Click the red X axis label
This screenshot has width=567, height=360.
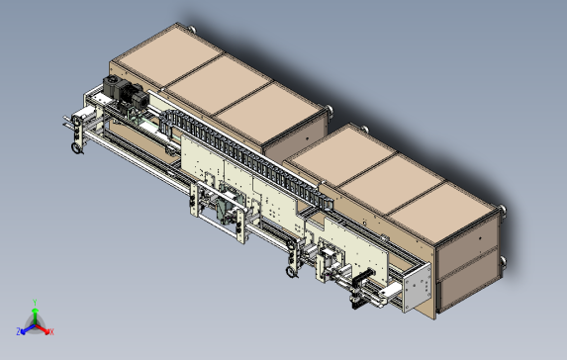coord(51,331)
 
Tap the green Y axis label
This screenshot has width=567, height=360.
coord(35,303)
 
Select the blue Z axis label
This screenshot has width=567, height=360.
coord(18,331)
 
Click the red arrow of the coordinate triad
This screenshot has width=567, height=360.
coord(43,328)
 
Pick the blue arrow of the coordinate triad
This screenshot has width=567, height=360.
coord(28,329)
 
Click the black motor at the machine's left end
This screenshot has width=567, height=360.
coord(126,94)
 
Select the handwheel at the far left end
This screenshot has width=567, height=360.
coord(76,148)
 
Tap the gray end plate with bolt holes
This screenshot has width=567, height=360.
coord(417,288)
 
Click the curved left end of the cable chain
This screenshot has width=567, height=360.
coord(165,120)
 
